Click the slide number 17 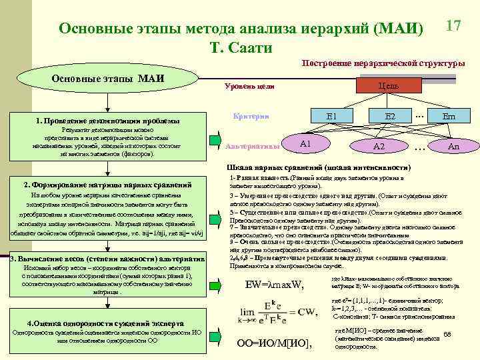[x=453, y=27]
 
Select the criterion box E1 [x=331, y=117]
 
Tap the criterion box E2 [x=390, y=117]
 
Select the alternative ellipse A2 [x=379, y=146]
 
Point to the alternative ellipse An [x=453, y=146]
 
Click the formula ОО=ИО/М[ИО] [x=274, y=343]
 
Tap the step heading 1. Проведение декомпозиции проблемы [x=107, y=121]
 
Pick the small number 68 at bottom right [x=447, y=334]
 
